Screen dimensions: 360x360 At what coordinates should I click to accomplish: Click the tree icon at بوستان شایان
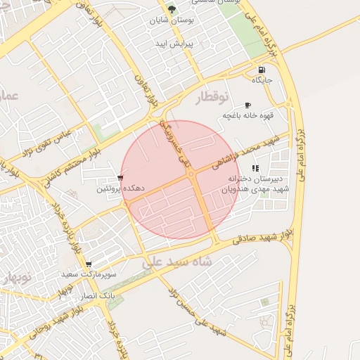[172, 9]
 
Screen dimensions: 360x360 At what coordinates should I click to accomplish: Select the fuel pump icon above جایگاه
[262, 70]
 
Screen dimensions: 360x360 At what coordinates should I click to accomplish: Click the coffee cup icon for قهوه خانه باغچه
[247, 105]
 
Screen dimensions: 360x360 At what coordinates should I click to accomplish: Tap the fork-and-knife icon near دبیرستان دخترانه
[255, 168]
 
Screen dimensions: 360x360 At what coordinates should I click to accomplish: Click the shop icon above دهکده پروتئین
[121, 177]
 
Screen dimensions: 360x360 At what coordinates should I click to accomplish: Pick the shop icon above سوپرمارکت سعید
[88, 264]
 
